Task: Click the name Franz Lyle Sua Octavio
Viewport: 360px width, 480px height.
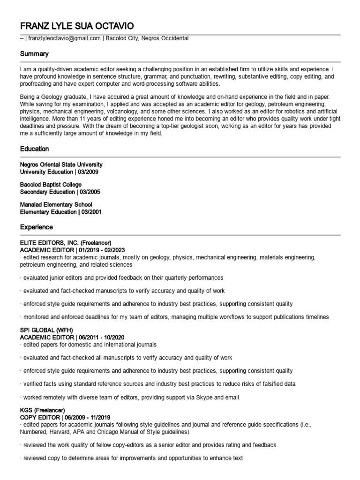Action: tap(81, 25)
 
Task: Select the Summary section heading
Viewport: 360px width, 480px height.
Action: tap(34, 54)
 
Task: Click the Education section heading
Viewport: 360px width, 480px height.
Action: tap(34, 149)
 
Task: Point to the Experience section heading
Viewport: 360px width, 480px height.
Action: tap(36, 227)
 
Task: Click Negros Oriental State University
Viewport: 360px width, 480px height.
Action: tap(61, 165)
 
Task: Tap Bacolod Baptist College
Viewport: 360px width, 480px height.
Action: tap(51, 185)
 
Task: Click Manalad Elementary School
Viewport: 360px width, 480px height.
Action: tap(56, 205)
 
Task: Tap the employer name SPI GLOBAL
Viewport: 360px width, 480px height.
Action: tap(37, 330)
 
